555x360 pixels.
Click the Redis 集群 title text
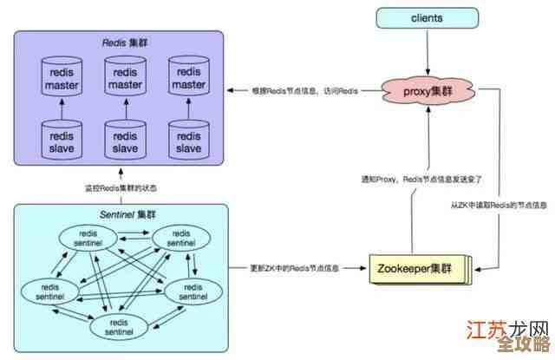119,43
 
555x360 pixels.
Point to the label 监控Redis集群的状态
121,187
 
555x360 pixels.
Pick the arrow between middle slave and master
125,108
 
